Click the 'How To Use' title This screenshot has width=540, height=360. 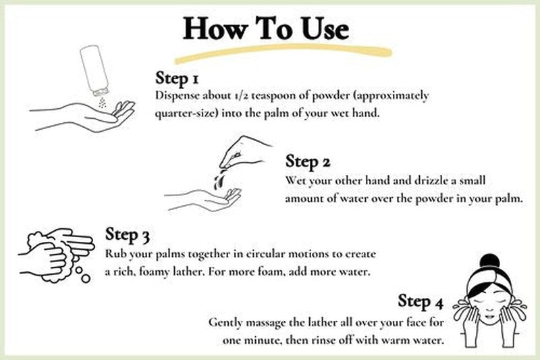(x=266, y=28)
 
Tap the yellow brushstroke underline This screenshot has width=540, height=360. (x=282, y=53)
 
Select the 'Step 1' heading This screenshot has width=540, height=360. (x=177, y=78)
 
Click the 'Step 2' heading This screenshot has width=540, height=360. (x=308, y=161)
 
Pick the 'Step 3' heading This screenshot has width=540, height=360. (x=127, y=235)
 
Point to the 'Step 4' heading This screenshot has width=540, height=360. (x=420, y=302)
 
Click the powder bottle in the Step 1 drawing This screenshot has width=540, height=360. (x=94, y=70)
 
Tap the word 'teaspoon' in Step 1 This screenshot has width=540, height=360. (x=273, y=95)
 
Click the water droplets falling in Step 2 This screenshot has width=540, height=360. (x=219, y=179)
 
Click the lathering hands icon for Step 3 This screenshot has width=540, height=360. (x=57, y=255)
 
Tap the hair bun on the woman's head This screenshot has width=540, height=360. (x=489, y=261)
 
